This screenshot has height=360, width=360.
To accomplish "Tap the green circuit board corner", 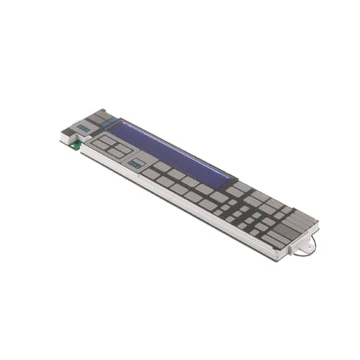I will pos(75,144).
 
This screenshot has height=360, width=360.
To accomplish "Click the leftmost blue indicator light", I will pos(84,128).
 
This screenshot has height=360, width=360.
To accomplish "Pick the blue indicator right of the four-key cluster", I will pos(135,164).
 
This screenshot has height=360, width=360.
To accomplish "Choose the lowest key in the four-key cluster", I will pos(116,153).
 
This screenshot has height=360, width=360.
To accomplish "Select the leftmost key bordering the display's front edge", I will pos(151,173).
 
